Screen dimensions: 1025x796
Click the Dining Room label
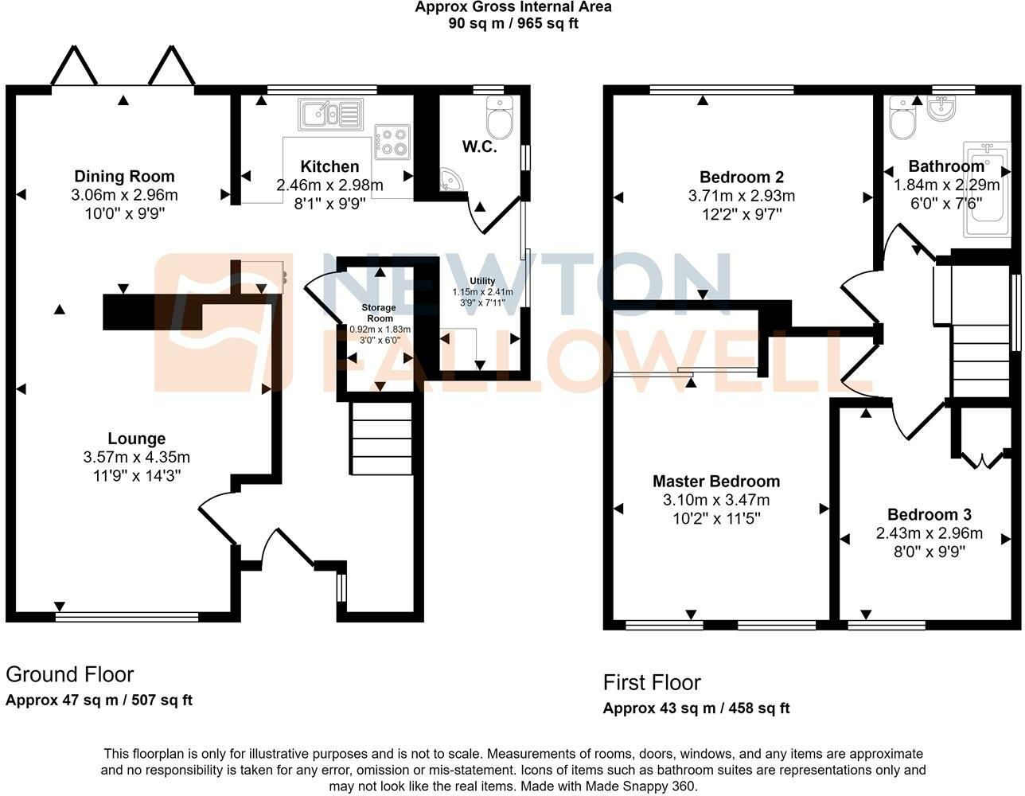click(124, 177)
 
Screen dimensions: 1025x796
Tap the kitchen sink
click(331, 114)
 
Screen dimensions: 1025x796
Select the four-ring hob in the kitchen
click(392, 142)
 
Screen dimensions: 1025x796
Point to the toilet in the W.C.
click(500, 117)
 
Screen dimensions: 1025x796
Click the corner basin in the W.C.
click(450, 181)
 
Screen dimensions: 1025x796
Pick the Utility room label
click(482, 281)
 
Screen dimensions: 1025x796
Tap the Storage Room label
click(379, 313)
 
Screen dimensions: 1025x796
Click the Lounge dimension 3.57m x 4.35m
click(137, 457)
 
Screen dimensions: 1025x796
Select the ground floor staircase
click(381, 439)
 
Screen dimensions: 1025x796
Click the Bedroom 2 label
click(742, 178)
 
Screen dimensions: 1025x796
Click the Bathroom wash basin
click(941, 108)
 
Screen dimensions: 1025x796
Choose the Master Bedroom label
click(716, 482)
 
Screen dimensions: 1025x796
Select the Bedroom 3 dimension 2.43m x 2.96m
click(930, 533)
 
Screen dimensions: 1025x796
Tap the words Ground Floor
click(70, 675)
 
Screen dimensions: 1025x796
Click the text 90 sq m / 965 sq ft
click(513, 23)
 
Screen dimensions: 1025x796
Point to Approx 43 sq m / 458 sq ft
click(696, 708)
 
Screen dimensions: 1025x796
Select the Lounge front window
click(127, 616)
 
